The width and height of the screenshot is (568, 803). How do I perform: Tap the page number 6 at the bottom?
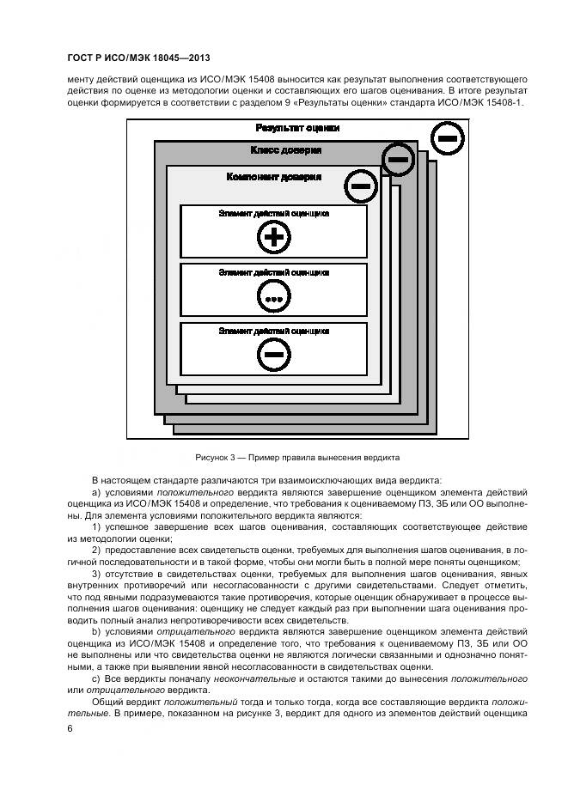coord(70,728)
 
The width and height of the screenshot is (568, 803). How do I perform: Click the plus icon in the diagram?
coord(272,238)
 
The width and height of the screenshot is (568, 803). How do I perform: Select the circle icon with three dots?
coord(273,297)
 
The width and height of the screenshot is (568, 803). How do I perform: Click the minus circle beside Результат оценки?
coord(447,137)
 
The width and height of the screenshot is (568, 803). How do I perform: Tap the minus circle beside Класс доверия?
coord(397,159)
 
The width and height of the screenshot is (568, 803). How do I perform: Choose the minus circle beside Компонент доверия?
coord(361,185)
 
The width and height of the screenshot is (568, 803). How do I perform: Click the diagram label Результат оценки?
coord(297,128)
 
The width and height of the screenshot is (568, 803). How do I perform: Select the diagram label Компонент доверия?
coord(273,177)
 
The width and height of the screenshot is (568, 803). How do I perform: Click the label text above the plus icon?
coord(273,212)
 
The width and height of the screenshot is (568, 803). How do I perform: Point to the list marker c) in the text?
coord(96,678)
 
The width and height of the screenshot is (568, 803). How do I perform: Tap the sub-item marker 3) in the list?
coord(97,574)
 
